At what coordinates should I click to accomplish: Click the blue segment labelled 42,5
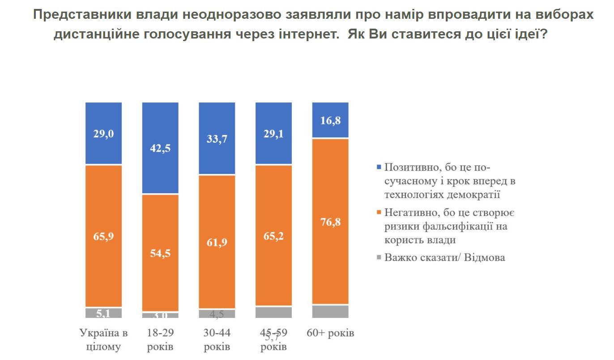[x=160, y=148]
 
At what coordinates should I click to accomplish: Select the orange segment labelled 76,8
[x=330, y=221]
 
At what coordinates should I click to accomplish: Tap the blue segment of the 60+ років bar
[x=330, y=120]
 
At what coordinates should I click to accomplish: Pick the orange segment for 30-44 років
[x=217, y=241]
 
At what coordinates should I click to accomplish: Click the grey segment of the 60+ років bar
[x=330, y=311]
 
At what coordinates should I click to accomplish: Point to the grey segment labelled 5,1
[x=103, y=313]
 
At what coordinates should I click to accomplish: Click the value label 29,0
[x=103, y=134]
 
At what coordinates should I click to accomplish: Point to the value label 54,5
[x=160, y=253]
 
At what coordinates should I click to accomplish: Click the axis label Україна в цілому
[x=103, y=339]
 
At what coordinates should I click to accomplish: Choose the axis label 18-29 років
[x=160, y=339]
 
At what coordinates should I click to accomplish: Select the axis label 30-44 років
[x=217, y=339]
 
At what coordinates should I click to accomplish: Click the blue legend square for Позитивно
[x=379, y=168]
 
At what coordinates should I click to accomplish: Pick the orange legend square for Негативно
[x=379, y=212]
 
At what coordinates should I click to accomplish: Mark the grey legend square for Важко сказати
[x=379, y=257]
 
